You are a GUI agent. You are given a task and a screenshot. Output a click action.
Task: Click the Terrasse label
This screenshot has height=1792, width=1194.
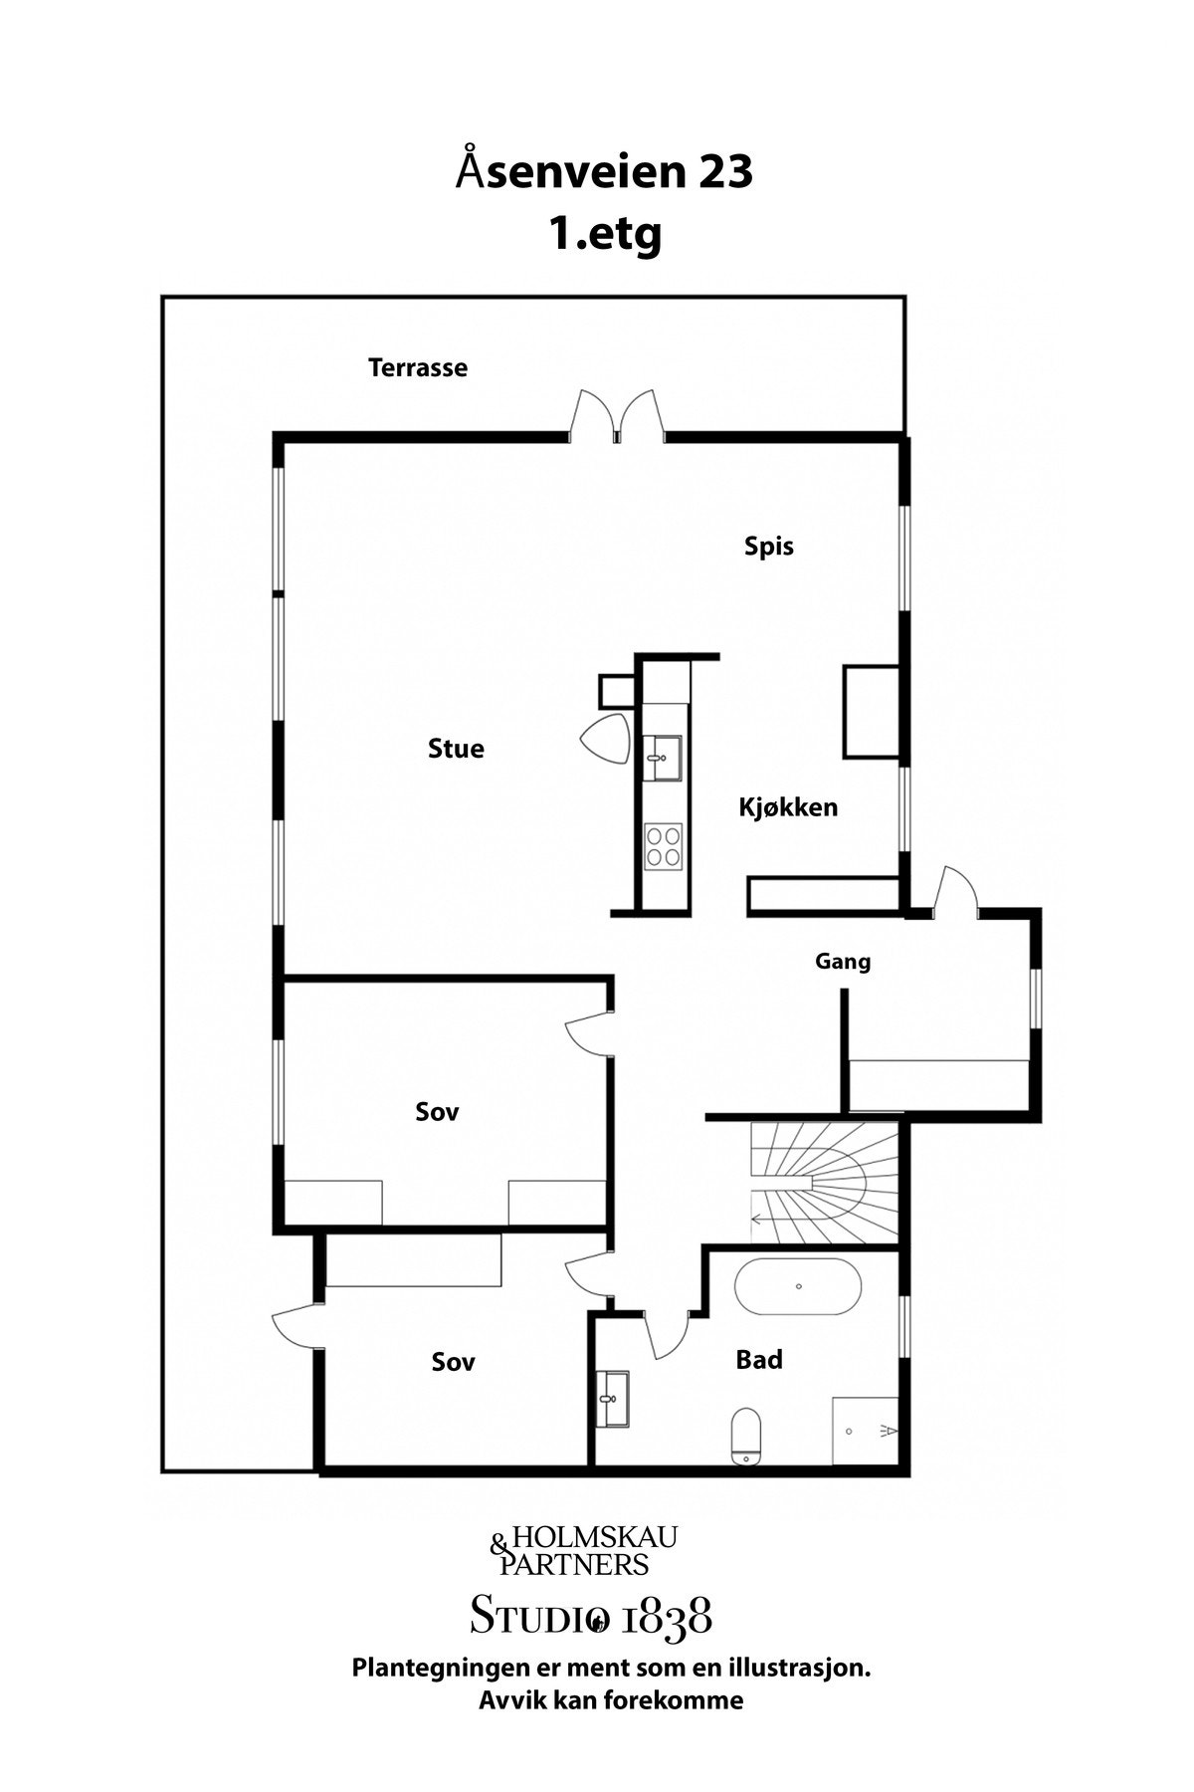(x=418, y=367)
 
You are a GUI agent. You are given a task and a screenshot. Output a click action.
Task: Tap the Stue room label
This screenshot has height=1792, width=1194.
(x=456, y=749)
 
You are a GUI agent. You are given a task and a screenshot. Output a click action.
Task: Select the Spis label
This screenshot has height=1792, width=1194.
(x=769, y=547)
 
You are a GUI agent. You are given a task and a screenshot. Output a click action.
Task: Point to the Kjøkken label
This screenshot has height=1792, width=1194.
(x=788, y=807)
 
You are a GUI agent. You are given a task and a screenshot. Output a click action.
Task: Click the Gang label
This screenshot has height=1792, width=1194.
(x=843, y=962)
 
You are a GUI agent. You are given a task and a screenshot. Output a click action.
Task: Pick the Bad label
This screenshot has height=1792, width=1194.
(x=759, y=1360)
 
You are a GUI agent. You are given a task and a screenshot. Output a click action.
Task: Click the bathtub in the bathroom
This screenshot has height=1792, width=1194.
(x=798, y=1287)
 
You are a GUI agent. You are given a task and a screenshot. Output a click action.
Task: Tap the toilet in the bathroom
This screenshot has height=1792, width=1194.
(x=745, y=1436)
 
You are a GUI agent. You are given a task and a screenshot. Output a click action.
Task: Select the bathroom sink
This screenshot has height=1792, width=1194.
(x=613, y=1399)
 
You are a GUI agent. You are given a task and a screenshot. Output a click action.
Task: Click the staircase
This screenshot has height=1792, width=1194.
(x=824, y=1182)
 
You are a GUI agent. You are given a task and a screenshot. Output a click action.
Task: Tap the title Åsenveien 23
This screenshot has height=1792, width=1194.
(x=605, y=172)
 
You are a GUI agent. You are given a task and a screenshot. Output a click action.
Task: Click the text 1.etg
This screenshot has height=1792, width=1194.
(x=604, y=235)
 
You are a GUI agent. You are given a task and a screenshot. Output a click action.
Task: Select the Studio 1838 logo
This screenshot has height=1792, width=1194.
(x=591, y=1615)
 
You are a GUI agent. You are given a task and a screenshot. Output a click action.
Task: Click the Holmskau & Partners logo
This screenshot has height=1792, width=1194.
(x=584, y=1549)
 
